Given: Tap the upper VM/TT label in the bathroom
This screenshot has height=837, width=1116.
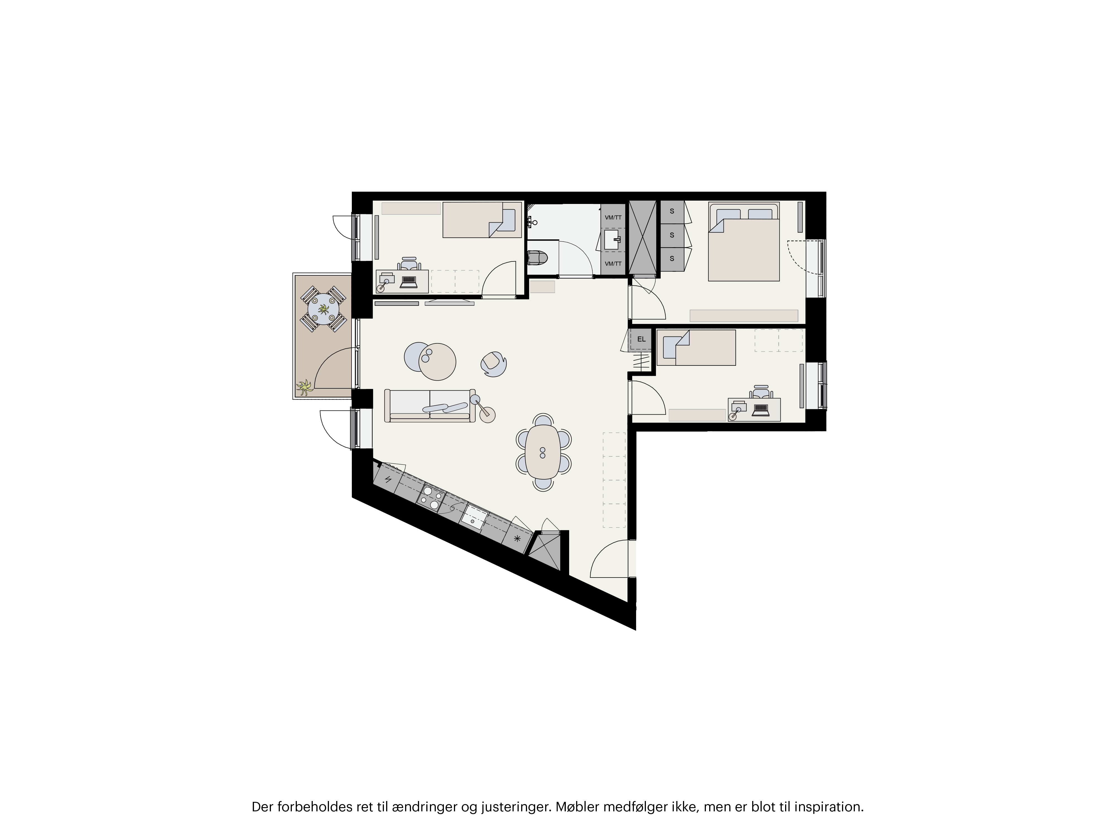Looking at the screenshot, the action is [613, 217].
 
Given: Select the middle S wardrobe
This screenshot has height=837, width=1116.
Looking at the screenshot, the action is [672, 235].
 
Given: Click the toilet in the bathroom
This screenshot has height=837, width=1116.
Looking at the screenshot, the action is [538, 258].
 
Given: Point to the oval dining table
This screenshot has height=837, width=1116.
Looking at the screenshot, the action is [543, 452].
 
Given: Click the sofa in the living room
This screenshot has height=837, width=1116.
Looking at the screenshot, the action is [430, 405].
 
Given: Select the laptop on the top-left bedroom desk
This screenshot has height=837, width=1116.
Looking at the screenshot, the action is [408, 282].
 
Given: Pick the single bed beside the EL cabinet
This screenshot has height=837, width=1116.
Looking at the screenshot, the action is [696, 348].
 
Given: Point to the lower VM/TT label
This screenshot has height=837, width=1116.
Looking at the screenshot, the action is [613, 264].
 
